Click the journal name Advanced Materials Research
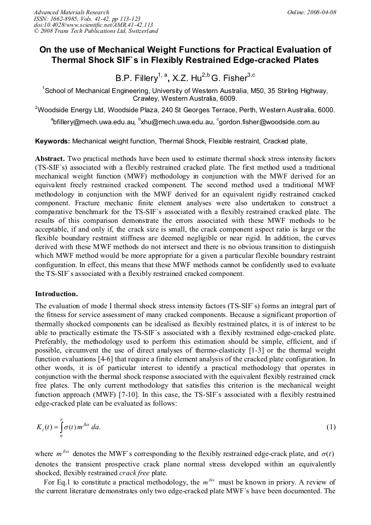71,12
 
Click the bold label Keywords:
53,141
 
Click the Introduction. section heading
57,293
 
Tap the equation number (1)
331,426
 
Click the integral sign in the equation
61,426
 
